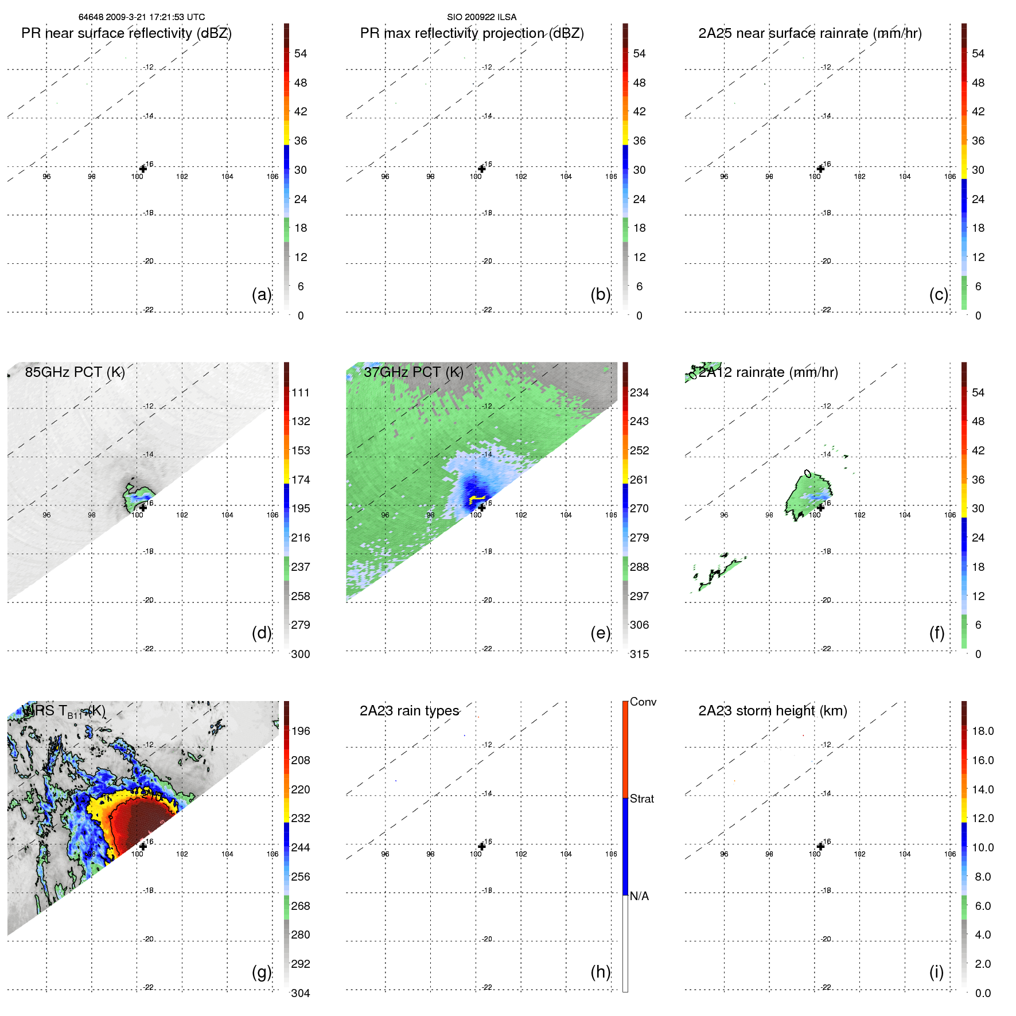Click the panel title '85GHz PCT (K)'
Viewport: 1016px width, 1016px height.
click(x=75, y=372)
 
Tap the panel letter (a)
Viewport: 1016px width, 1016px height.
click(x=262, y=294)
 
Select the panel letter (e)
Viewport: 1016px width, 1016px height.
click(x=600, y=633)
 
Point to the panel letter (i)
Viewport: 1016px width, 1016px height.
click(x=936, y=972)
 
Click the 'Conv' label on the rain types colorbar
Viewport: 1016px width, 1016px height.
click(x=643, y=702)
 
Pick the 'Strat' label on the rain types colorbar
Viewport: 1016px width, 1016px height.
click(x=641, y=799)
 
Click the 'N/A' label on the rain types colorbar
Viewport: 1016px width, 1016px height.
click(x=639, y=896)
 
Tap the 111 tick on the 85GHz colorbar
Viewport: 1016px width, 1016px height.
click(x=301, y=393)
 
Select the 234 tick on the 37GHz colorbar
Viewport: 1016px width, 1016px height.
click(x=639, y=393)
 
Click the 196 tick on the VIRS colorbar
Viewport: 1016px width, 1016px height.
click(x=301, y=731)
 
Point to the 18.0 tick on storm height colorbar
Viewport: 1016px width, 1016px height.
click(x=983, y=731)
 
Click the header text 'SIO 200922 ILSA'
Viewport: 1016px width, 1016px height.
click(x=482, y=17)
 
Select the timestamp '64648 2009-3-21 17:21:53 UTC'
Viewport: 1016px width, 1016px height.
click(x=142, y=17)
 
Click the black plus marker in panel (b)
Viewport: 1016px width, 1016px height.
click(x=482, y=169)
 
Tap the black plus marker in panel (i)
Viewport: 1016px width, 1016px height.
click(x=820, y=846)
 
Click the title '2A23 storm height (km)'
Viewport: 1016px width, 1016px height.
click(x=773, y=711)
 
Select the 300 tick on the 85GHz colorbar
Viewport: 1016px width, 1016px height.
click(x=301, y=655)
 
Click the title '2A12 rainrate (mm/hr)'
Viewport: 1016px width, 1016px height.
click(x=769, y=372)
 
